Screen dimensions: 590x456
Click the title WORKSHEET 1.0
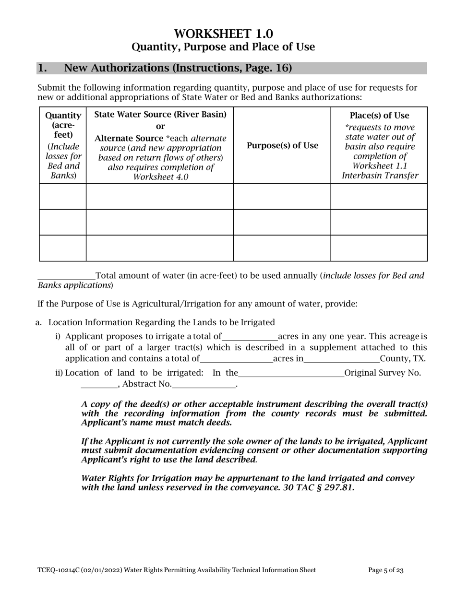[223, 34]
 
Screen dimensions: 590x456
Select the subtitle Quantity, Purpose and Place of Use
[223, 47]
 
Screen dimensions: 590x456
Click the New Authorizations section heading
[178, 68]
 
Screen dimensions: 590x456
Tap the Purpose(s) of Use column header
[282, 146]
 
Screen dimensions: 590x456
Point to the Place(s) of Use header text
[379, 116]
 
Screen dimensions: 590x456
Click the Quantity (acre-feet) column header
[62, 126]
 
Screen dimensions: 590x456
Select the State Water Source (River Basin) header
[160, 114]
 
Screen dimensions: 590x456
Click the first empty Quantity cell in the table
[62, 196]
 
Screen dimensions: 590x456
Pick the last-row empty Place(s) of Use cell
[379, 248]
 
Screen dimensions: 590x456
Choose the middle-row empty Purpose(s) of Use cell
[282, 222]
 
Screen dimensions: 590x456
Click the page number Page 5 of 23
[386, 570]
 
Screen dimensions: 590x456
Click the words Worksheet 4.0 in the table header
[160, 177]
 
